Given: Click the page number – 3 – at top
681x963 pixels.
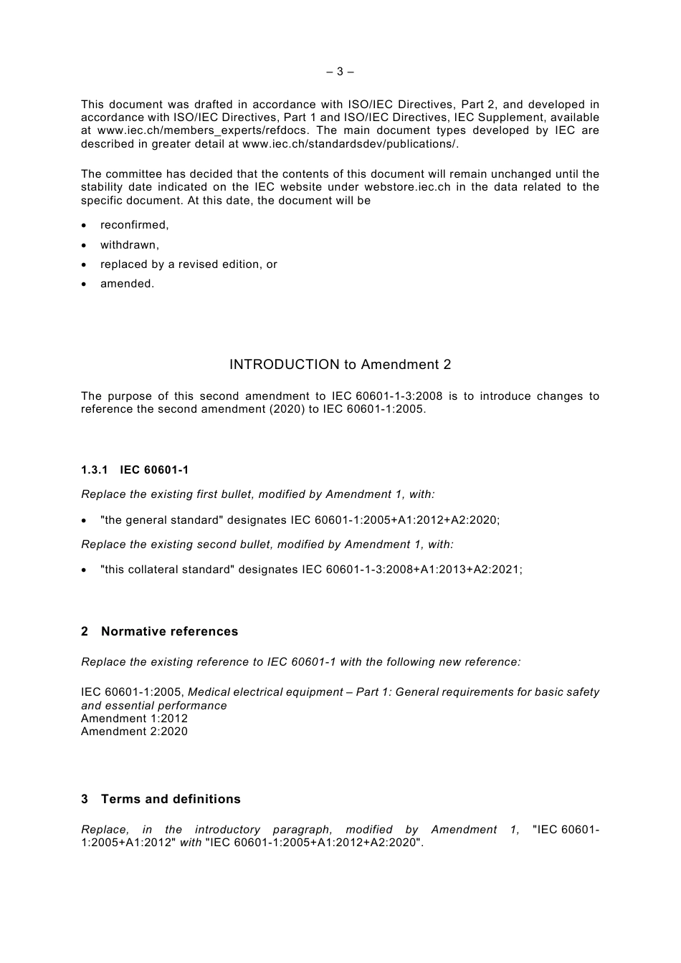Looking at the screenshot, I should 340,72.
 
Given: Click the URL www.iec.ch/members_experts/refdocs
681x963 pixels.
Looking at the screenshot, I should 204,130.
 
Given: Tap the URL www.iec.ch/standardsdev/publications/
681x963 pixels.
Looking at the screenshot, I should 350,143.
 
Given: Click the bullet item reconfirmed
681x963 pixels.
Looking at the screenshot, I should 135,225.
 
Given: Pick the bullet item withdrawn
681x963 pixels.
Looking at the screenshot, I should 130,245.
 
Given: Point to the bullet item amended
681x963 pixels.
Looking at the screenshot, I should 127,284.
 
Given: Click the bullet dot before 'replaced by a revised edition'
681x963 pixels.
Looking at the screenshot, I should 85,265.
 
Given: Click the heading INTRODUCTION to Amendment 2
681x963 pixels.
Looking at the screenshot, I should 340,365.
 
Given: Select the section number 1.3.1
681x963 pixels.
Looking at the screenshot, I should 94,470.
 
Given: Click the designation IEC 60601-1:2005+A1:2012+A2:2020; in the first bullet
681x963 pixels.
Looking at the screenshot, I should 395,520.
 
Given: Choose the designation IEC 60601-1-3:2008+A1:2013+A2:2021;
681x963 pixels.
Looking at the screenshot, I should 412,570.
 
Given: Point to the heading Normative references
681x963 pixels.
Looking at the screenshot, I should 169,631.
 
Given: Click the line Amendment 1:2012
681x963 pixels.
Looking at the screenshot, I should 134,719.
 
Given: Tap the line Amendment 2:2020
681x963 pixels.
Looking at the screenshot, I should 134,732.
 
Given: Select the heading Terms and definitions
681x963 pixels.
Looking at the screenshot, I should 171,799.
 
